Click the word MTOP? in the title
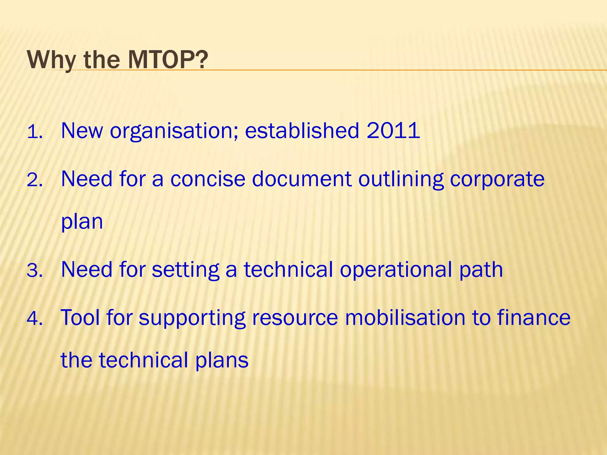pos(168,60)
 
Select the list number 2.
pos(35,180)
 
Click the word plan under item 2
pos(82,222)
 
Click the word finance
pos(533,318)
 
